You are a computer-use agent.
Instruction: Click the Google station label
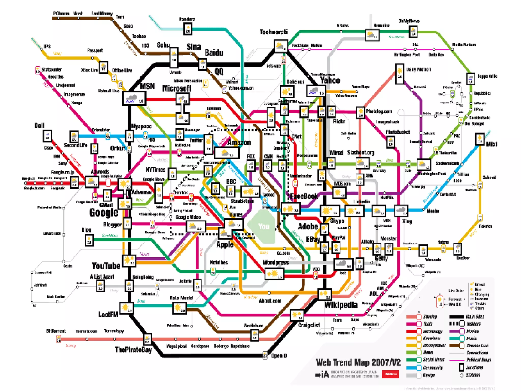(x=104, y=213)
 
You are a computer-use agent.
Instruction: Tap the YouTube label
(x=106, y=266)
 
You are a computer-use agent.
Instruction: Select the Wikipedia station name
(x=341, y=305)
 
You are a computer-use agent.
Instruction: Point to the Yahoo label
(x=330, y=80)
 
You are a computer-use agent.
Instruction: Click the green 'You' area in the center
(x=263, y=226)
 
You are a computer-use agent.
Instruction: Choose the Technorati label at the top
(x=273, y=32)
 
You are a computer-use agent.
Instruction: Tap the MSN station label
(x=147, y=86)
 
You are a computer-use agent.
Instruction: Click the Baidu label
(x=214, y=53)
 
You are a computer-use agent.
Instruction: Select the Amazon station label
(x=239, y=142)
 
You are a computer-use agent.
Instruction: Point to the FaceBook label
(x=304, y=196)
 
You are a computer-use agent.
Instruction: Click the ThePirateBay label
(x=133, y=350)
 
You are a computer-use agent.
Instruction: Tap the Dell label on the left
(x=39, y=126)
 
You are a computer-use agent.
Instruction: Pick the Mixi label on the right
(x=491, y=144)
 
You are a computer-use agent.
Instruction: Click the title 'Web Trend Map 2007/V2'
(x=358, y=362)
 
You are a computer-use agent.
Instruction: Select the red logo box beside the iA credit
(x=390, y=374)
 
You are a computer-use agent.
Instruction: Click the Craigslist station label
(x=309, y=325)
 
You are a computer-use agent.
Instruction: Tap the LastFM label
(x=108, y=314)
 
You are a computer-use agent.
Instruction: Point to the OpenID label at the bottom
(x=279, y=356)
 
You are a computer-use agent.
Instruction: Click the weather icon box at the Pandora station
(x=188, y=29)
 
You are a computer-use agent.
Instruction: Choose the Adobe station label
(x=308, y=226)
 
